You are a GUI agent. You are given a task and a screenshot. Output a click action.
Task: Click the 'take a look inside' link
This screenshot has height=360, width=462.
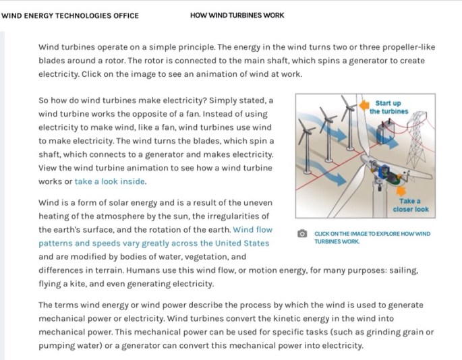tap(110, 181)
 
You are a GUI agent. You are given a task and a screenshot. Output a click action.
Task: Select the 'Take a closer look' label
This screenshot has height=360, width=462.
tap(410, 205)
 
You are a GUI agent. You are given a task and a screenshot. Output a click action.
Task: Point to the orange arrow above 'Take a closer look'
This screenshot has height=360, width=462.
tap(409, 185)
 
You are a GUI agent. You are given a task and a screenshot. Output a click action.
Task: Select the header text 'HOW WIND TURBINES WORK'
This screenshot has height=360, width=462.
tap(237, 16)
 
